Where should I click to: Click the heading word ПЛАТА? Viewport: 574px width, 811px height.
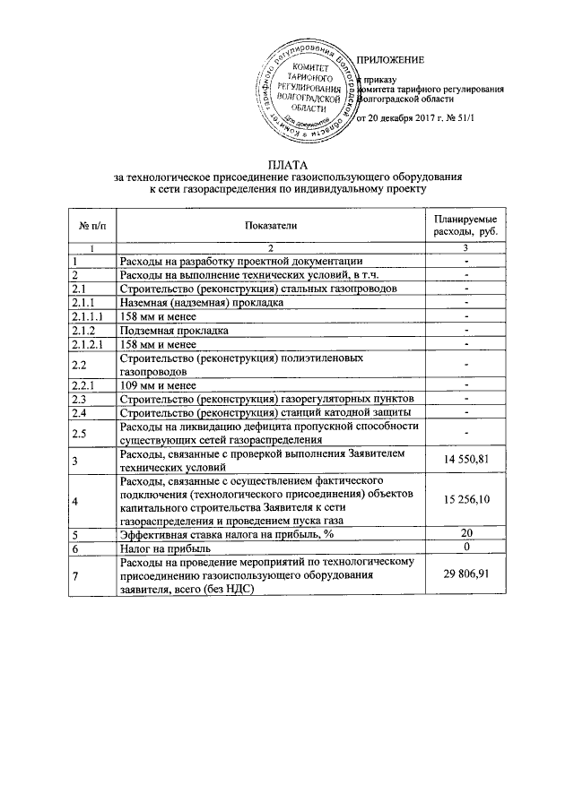pyautogui.click(x=287, y=165)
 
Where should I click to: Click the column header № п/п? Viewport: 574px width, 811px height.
pyautogui.click(x=91, y=229)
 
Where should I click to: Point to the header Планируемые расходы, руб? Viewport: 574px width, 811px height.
pyautogui.click(x=466, y=229)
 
